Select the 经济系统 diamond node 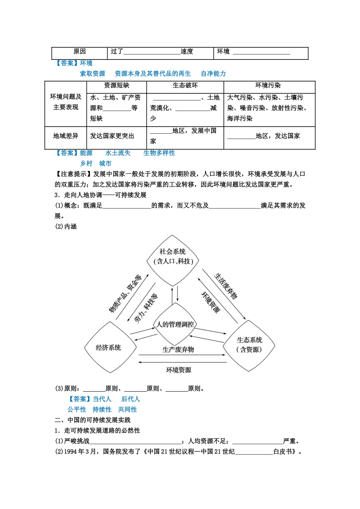(109, 347)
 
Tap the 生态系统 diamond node (249, 345)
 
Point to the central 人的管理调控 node (175, 324)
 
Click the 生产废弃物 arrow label (178, 350)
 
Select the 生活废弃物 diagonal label (226, 286)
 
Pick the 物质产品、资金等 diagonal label (125, 294)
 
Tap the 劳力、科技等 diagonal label (146, 308)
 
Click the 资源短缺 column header (117, 86)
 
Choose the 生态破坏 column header (185, 86)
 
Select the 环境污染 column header (268, 86)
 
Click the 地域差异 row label (66, 136)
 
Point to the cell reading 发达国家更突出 (112, 136)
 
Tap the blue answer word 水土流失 (118, 153)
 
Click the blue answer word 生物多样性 (159, 153)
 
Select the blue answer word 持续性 (102, 409)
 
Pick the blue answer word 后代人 (130, 399)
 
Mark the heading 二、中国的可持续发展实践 (92, 420)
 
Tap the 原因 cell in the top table (80, 52)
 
